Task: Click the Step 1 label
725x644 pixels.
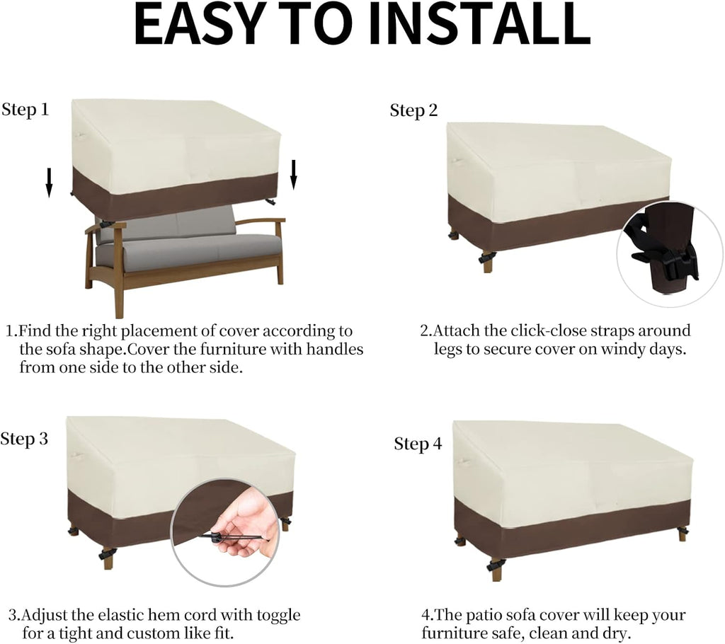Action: click(25, 110)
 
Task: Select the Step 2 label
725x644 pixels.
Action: click(413, 110)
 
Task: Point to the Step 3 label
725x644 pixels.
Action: click(24, 439)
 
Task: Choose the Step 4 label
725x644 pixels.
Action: click(418, 444)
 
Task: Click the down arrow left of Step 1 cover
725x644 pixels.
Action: click(49, 183)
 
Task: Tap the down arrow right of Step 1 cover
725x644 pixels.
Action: click(293, 175)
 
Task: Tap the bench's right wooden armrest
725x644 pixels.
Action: click(261, 222)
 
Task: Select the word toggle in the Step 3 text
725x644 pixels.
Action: click(278, 616)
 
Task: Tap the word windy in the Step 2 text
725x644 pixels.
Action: click(622, 350)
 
